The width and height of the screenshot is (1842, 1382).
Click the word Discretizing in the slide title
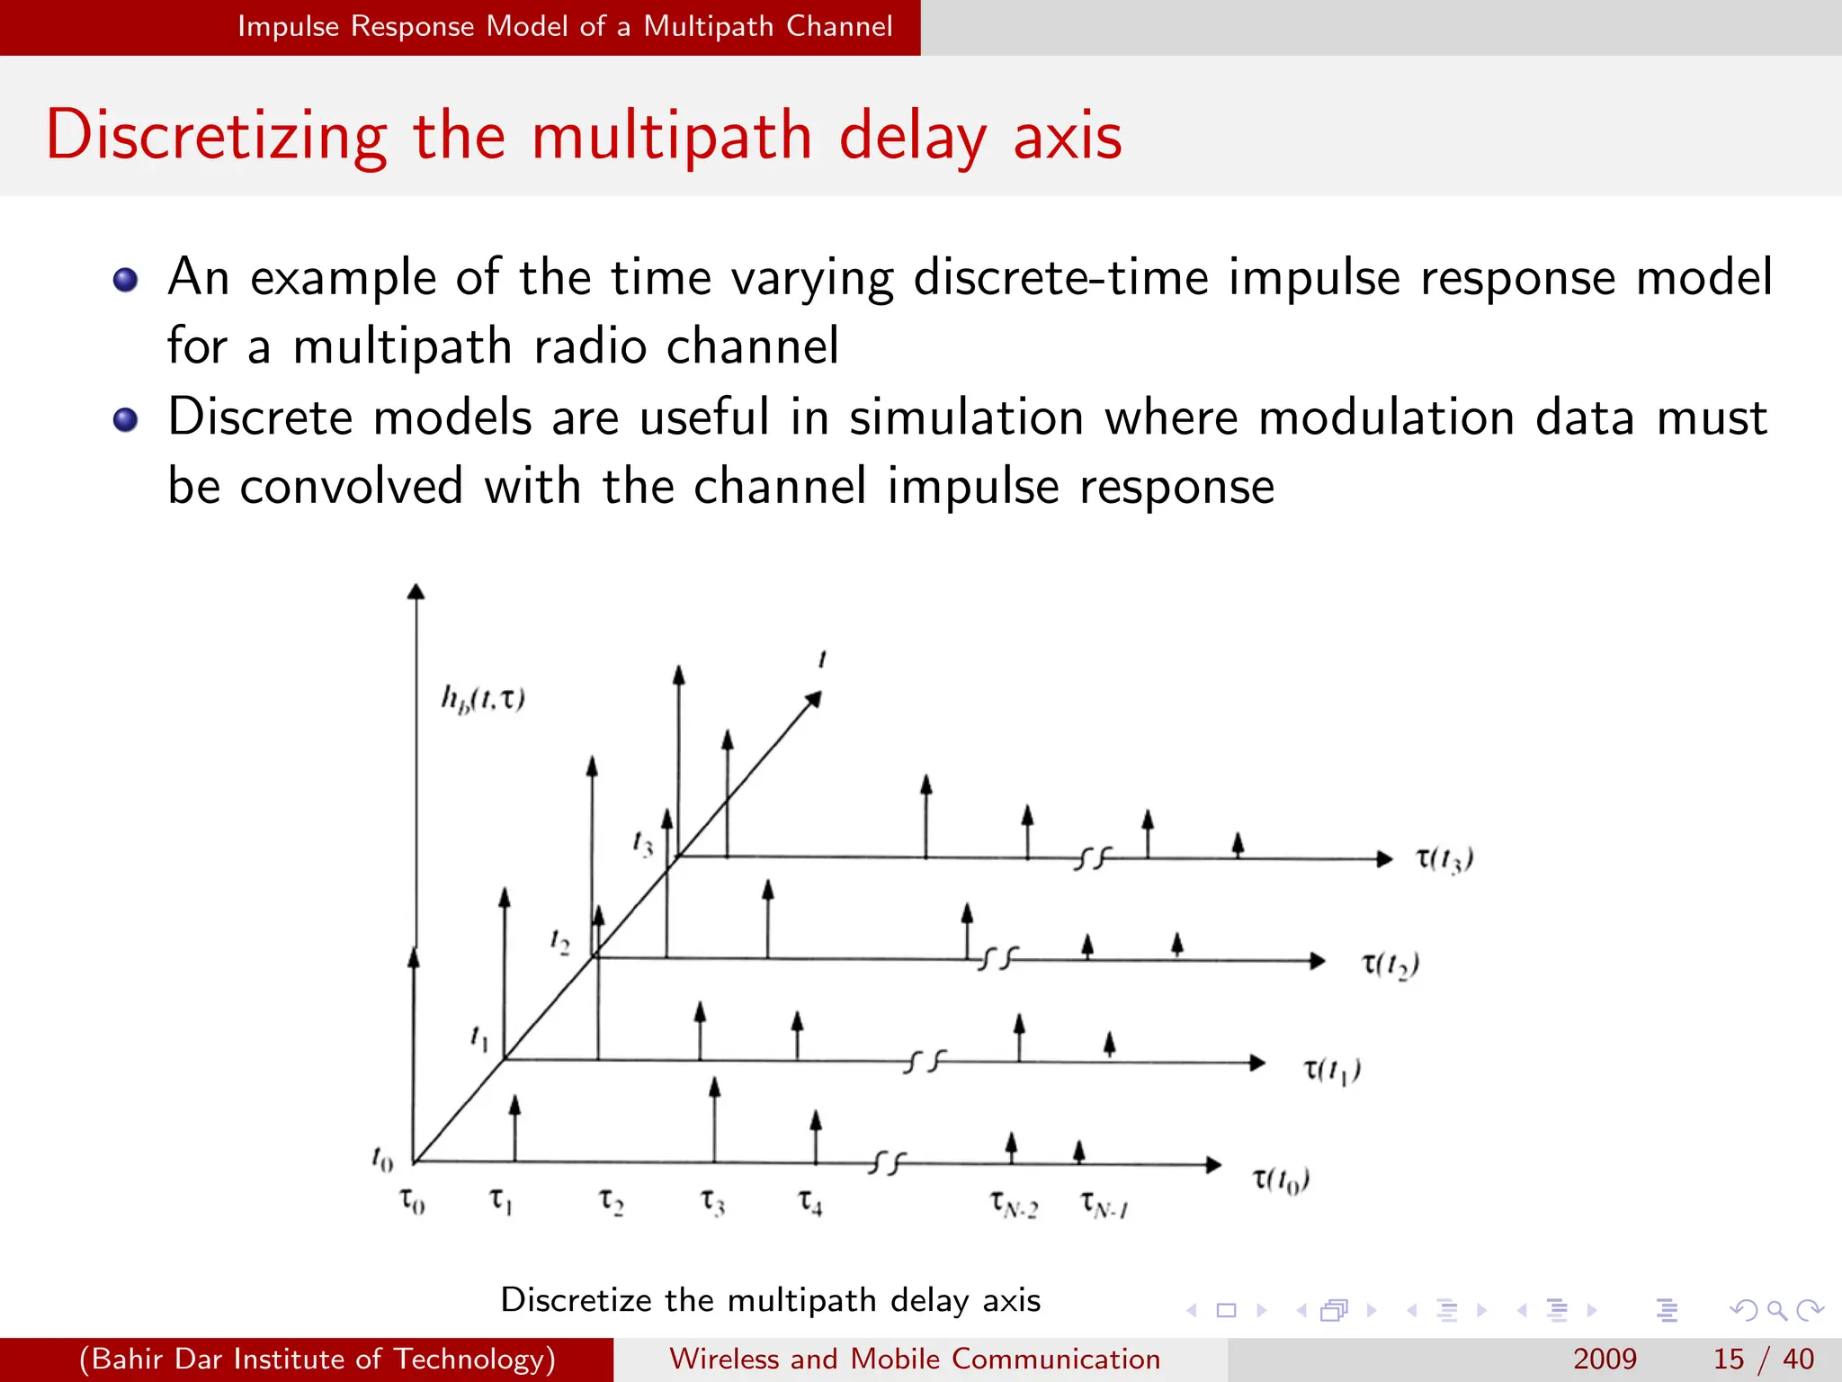(x=216, y=136)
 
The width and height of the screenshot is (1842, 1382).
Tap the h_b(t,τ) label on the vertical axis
(x=483, y=699)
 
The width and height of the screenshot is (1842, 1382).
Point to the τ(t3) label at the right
(x=1444, y=859)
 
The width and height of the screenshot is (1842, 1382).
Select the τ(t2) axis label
(x=1390, y=965)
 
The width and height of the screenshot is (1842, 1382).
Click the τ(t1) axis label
(x=1332, y=1070)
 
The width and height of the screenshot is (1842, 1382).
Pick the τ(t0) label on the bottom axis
(x=1281, y=1180)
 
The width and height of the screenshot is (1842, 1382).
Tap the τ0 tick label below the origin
(x=412, y=1201)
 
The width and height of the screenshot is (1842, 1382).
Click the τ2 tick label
(x=611, y=1201)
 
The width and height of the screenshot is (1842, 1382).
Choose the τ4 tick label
(x=810, y=1202)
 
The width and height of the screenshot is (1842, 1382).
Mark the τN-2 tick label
(x=1014, y=1204)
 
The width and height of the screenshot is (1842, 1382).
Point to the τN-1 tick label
(x=1104, y=1204)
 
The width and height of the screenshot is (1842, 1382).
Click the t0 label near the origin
(x=382, y=1159)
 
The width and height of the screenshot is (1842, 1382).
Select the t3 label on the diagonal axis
(x=642, y=843)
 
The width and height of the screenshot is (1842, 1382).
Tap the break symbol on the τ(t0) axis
(x=888, y=1163)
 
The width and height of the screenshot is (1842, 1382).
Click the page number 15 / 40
(x=1763, y=1359)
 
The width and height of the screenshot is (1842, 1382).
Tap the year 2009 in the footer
(x=1605, y=1359)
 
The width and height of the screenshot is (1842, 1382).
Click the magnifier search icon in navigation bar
(x=1776, y=1310)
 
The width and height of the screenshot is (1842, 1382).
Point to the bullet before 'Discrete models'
(x=125, y=419)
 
